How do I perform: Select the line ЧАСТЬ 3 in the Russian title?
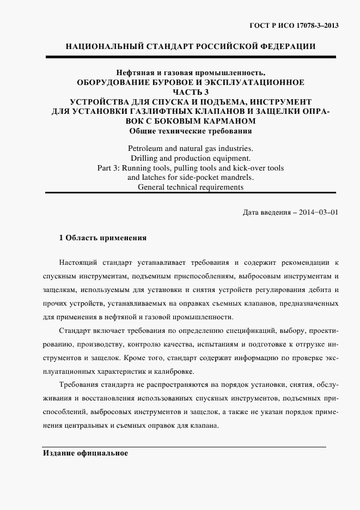(190, 92)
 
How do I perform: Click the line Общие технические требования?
(190, 131)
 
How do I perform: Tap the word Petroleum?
(147, 148)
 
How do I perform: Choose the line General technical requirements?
(190, 187)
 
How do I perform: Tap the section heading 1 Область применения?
(102, 238)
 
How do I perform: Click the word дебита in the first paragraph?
(320, 290)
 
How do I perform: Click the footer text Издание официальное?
(85, 453)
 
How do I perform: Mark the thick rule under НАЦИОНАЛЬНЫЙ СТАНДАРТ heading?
(190, 57)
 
